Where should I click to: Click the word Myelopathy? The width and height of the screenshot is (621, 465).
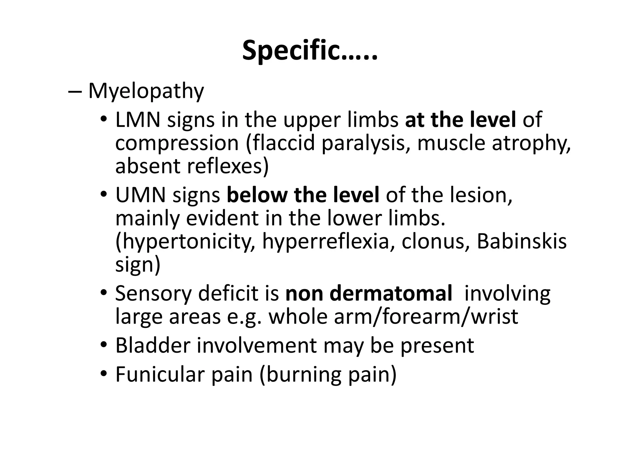(x=146, y=91)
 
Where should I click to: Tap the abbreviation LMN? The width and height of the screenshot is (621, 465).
(x=138, y=120)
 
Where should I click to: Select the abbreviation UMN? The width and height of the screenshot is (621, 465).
(x=140, y=195)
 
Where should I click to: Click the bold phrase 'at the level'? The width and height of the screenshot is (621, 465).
(x=460, y=120)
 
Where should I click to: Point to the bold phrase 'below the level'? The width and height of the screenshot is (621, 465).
(x=303, y=195)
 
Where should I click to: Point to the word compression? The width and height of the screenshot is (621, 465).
(x=177, y=143)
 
